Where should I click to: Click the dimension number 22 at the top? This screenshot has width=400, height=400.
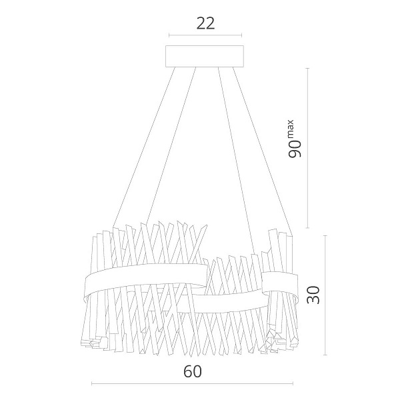pyautogui.click(x=205, y=23)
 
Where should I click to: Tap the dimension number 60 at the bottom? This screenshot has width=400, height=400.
pyautogui.click(x=193, y=371)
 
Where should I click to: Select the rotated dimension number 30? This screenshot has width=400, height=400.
pyautogui.click(x=313, y=295)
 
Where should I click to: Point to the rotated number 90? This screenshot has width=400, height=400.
pyautogui.click(x=295, y=149)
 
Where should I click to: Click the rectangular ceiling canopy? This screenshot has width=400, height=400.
pyautogui.click(x=205, y=56)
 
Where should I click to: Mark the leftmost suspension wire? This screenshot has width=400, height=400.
pyautogui.click(x=144, y=147)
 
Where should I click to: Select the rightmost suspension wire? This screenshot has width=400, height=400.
pyautogui.click(x=263, y=151)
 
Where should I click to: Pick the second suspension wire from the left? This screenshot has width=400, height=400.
pyautogui.click(x=171, y=145)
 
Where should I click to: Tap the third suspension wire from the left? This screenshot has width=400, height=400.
pyautogui.click(x=237, y=161)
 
